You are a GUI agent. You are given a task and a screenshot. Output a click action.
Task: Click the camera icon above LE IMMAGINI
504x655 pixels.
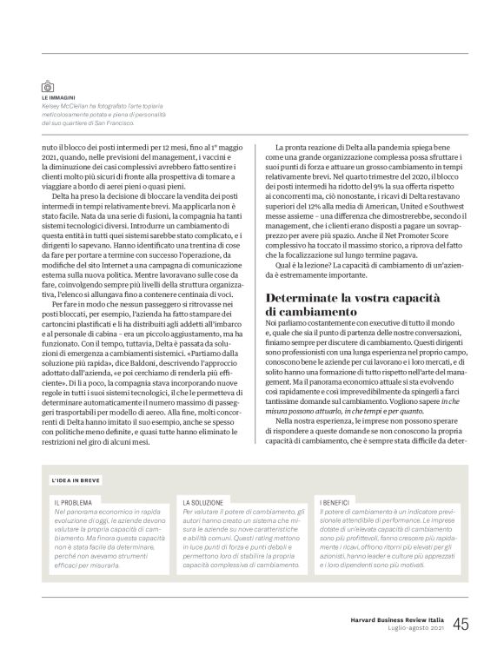pyautogui.click(x=49, y=87)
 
